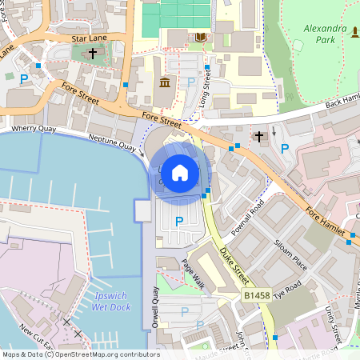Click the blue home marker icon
pyautogui.click(x=179, y=172)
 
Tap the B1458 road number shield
pyautogui.click(x=255, y=296)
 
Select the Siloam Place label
pyautogui.click(x=290, y=251)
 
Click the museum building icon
pyautogui.click(x=165, y=83)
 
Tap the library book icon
pyautogui.click(x=199, y=38)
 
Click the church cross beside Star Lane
pyautogui.click(x=93, y=54)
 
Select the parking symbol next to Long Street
pyautogui.click(x=190, y=82)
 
